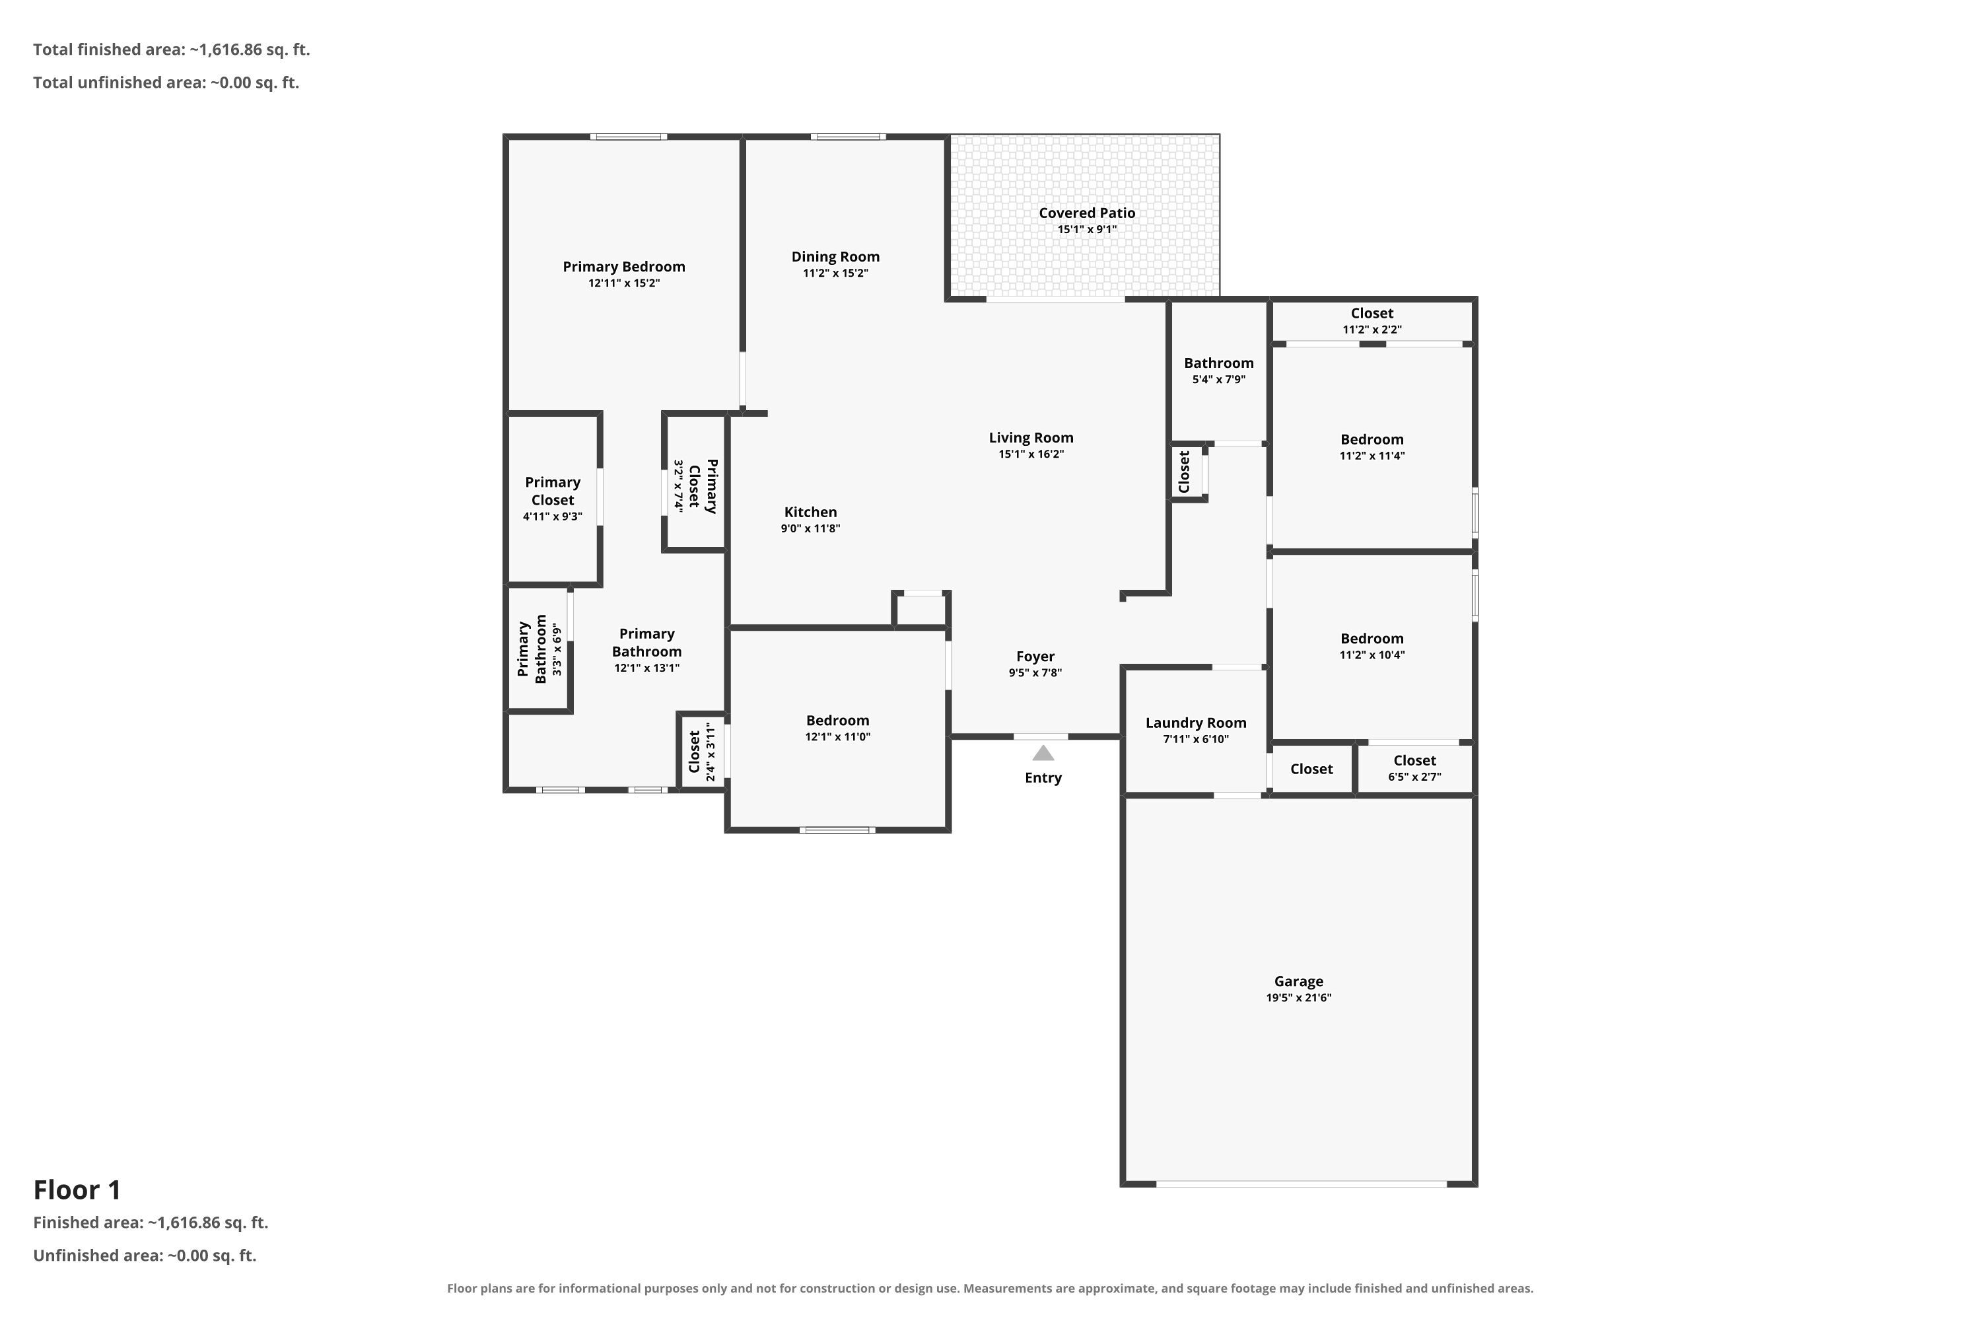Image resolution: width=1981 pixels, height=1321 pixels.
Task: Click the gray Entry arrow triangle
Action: (x=1043, y=752)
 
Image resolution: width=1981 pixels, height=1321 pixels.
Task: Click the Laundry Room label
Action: (x=1195, y=723)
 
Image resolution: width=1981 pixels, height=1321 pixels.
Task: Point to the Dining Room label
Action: (x=835, y=257)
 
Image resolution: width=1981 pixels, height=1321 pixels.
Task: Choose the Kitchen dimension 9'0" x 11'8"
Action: (x=810, y=528)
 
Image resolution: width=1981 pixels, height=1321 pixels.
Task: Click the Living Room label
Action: (x=1031, y=438)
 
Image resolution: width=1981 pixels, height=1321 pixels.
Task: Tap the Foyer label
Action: (x=1035, y=657)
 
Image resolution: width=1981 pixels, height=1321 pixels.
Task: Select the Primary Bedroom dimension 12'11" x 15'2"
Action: (x=623, y=283)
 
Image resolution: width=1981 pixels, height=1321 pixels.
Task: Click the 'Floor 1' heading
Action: (x=77, y=1190)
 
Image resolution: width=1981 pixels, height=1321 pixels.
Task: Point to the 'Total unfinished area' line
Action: (x=166, y=83)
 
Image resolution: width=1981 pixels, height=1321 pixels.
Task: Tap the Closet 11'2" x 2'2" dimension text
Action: (x=1372, y=330)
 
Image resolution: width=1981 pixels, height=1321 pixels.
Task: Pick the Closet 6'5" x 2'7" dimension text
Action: (x=1414, y=777)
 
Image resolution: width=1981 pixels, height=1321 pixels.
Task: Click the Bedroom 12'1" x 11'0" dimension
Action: (x=837, y=736)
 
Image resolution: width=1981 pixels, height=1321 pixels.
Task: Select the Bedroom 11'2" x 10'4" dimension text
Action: (x=1372, y=655)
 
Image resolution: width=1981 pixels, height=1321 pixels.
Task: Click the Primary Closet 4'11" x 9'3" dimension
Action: (x=553, y=517)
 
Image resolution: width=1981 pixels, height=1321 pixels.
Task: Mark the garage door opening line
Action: (x=1302, y=1184)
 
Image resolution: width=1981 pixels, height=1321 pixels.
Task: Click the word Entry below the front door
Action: (x=1043, y=777)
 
